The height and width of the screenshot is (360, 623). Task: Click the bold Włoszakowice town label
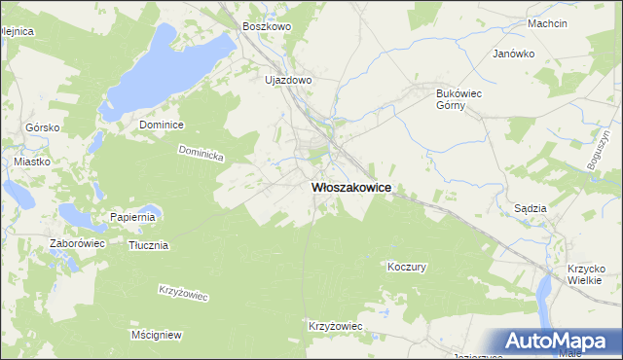pyautogui.click(x=351, y=189)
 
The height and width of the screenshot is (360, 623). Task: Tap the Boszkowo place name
pyautogui.click(x=268, y=27)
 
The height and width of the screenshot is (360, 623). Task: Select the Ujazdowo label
pyautogui.click(x=288, y=80)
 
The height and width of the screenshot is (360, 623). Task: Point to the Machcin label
pyautogui.click(x=573, y=22)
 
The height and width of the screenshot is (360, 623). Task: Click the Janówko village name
pyautogui.click(x=515, y=54)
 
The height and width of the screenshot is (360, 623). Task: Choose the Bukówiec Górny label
pyautogui.click(x=454, y=100)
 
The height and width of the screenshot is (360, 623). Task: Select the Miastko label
pyautogui.click(x=32, y=162)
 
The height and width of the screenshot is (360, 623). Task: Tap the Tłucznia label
pyautogui.click(x=149, y=245)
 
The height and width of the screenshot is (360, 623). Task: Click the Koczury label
pyautogui.click(x=407, y=266)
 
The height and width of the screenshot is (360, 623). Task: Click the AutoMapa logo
pyautogui.click(x=558, y=342)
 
